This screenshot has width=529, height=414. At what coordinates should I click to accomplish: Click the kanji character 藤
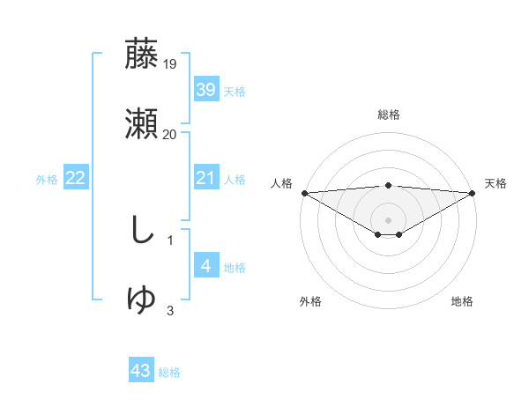pyautogui.click(x=142, y=55)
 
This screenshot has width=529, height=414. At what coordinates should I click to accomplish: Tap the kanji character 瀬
pyautogui.click(x=142, y=124)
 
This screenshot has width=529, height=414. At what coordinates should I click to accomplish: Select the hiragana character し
pyautogui.click(x=141, y=231)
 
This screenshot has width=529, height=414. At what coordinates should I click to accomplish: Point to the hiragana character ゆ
pyautogui.click(x=142, y=300)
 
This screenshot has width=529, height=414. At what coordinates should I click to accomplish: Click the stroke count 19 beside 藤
pyautogui.click(x=170, y=64)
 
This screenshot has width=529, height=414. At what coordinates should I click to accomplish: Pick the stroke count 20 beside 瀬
pyautogui.click(x=170, y=135)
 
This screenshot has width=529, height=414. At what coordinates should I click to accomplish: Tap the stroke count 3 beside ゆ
pyautogui.click(x=170, y=310)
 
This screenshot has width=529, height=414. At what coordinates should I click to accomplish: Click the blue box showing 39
pyautogui.click(x=205, y=90)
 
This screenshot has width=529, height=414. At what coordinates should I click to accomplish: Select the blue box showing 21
pyautogui.click(x=205, y=179)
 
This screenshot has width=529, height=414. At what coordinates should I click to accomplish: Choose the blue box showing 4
pyautogui.click(x=205, y=266)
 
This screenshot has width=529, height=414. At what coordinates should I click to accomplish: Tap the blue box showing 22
pyautogui.click(x=76, y=179)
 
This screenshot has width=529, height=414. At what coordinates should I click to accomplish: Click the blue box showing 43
pyautogui.click(x=141, y=371)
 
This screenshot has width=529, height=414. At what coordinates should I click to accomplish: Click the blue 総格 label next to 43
pyautogui.click(x=169, y=373)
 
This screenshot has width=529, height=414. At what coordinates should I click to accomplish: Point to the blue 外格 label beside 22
pyautogui.click(x=47, y=180)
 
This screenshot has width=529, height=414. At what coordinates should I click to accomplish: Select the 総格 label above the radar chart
pyautogui.click(x=388, y=115)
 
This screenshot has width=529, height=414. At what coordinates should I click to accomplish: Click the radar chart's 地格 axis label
pyautogui.click(x=462, y=301)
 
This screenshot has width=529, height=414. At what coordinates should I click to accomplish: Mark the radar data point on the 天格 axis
pyautogui.click(x=473, y=193)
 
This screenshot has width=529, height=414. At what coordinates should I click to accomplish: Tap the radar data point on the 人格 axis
pyautogui.click(x=304, y=193)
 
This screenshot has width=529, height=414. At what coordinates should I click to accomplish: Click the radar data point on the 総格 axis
pyautogui.click(x=388, y=185)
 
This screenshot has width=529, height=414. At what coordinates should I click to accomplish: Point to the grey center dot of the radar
pyautogui.click(x=388, y=219)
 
